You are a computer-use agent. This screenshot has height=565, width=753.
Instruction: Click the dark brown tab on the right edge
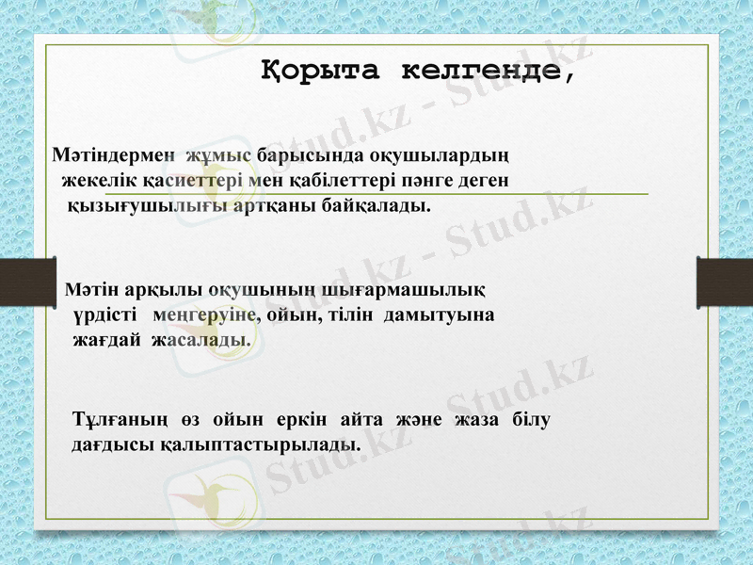(x=724, y=282)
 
